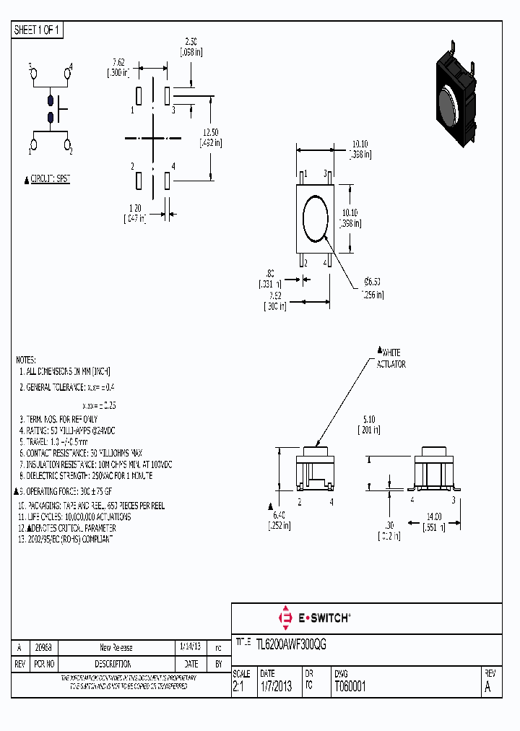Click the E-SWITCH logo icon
point(285,618)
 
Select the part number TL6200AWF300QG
point(292,645)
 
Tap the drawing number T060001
point(350,687)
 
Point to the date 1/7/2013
point(275,687)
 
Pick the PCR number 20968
point(44,647)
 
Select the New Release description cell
point(116,647)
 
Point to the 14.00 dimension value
point(433,517)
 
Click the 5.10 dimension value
point(369,419)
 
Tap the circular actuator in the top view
point(316,217)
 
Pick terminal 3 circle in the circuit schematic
point(32,73)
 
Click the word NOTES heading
point(26,359)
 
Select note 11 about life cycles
point(75,518)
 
